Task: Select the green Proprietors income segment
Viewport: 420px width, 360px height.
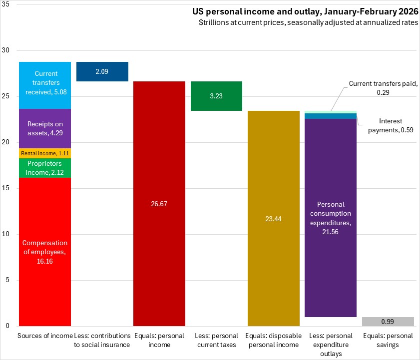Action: tap(45, 168)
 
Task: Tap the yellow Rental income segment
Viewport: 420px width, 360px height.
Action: tap(45, 153)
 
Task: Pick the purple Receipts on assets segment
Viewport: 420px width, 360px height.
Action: tap(45, 128)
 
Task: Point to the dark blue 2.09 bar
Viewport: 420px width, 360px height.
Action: tap(102, 71)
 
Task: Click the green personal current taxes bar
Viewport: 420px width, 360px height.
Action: tap(216, 96)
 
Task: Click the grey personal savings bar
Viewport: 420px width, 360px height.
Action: tap(388, 321)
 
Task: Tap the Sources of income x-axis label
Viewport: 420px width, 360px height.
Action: tap(45, 336)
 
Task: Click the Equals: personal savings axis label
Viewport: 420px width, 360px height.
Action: tap(388, 340)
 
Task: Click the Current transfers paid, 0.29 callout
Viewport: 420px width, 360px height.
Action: tap(382, 88)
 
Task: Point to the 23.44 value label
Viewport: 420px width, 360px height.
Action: tap(274, 219)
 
